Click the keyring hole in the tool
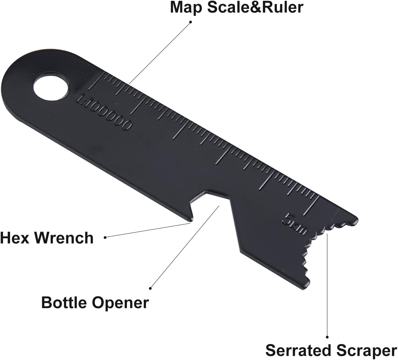point(50,87)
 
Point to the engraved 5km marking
point(295,224)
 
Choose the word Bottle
point(64,302)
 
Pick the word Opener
point(120,303)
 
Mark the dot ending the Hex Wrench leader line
point(105,237)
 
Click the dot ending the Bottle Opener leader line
point(150,288)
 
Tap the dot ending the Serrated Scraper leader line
point(327,337)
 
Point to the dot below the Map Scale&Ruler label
point(191,22)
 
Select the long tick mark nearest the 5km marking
point(313,205)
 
